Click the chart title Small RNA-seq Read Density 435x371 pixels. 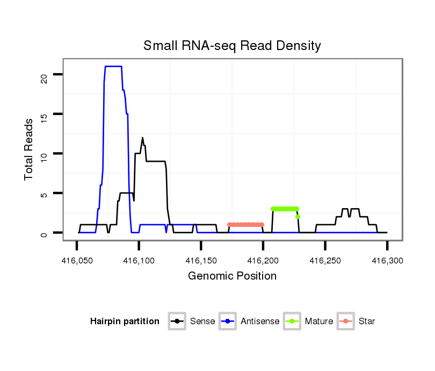(232, 46)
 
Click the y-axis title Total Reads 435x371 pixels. (29, 149)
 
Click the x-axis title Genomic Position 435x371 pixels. (232, 276)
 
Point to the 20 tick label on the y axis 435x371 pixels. (44, 75)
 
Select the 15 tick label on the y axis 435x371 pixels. (44, 115)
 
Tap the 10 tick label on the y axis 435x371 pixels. (44, 154)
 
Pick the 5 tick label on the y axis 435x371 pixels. (44, 194)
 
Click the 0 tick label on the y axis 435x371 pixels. (44, 233)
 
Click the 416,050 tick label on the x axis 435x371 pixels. (77, 261)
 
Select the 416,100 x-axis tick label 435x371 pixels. (139, 261)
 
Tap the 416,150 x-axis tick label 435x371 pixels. (201, 261)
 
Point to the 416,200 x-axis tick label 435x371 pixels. (263, 261)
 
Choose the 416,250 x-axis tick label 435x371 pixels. (325, 261)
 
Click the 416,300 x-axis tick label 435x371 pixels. (387, 261)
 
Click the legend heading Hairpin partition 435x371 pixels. (125, 322)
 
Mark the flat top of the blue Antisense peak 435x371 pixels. (113, 66)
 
